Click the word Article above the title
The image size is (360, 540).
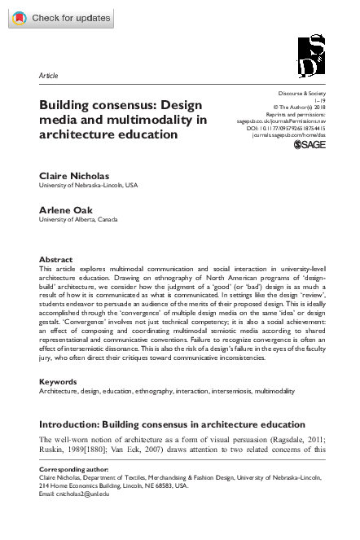point(49,76)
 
